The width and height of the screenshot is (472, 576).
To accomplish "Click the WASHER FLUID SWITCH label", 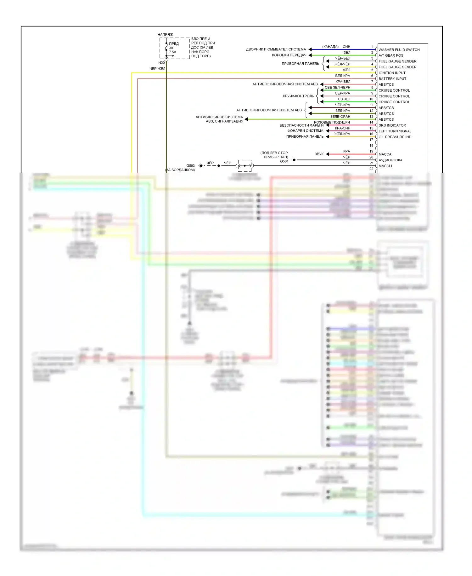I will (x=399, y=50).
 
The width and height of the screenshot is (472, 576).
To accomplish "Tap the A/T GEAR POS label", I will (x=391, y=55).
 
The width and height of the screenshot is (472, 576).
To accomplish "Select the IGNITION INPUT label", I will (x=392, y=73).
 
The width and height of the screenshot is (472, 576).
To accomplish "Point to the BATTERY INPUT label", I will (x=392, y=79).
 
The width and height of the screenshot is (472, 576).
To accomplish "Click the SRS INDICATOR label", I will (x=392, y=125).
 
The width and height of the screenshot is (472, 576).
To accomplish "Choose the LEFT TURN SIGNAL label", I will (x=395, y=131).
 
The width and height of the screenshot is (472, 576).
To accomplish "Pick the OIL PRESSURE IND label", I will (x=395, y=137).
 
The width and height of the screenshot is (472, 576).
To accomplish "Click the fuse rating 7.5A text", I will (x=172, y=52).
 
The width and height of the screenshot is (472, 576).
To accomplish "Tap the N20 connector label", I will (x=161, y=63).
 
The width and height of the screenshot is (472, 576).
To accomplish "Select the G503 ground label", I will (x=190, y=165).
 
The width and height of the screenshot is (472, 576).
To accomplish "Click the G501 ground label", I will (x=284, y=161).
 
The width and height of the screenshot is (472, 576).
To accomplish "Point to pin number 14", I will (x=371, y=122).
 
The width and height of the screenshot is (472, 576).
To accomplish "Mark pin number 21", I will (x=371, y=163).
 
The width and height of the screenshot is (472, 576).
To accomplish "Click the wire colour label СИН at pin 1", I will (x=346, y=47).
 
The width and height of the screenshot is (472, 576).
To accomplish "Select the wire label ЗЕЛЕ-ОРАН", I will (x=340, y=117).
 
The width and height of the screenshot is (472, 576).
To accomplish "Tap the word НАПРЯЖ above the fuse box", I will (x=165, y=35).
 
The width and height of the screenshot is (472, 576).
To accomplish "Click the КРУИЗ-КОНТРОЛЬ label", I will (x=298, y=96).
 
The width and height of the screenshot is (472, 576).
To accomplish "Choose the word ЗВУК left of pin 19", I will (x=319, y=154).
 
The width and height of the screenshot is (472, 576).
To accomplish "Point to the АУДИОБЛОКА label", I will (x=390, y=160).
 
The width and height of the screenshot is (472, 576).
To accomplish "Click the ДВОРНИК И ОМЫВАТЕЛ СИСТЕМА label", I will (x=276, y=49).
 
